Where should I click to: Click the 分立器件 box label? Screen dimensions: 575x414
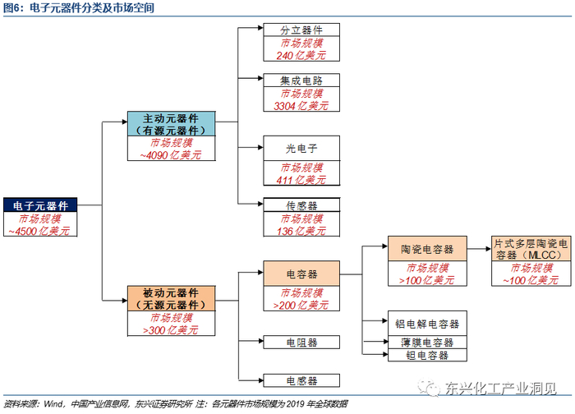[x=301, y=30]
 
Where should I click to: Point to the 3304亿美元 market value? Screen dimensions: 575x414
[x=301, y=106]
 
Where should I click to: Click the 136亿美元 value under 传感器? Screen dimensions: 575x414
[x=301, y=231]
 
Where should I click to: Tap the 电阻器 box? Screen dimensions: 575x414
[x=301, y=343]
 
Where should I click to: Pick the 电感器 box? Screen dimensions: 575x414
[x=301, y=380]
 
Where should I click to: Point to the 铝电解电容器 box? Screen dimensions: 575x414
[x=427, y=324]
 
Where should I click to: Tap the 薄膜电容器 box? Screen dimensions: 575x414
[x=427, y=343]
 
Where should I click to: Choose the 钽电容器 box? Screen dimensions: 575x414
[x=427, y=355]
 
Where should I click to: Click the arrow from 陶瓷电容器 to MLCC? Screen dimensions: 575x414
[x=479, y=249]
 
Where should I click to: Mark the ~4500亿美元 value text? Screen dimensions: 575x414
[x=39, y=231]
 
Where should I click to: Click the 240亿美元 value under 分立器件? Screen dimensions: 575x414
[x=301, y=55]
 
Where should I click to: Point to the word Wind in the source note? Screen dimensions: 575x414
[x=53, y=404]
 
